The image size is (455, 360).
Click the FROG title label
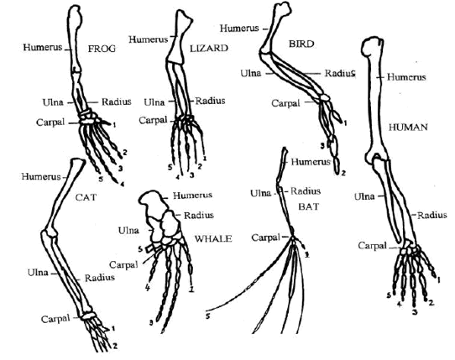click(x=102, y=49)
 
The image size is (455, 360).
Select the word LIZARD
click(x=209, y=48)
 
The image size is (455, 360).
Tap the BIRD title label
click(x=301, y=44)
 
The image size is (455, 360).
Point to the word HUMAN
click(x=408, y=127)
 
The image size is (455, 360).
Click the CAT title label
click(x=86, y=197)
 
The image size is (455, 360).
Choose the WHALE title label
click(x=213, y=239)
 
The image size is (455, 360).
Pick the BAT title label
click(x=309, y=206)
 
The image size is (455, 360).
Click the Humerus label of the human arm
click(x=406, y=77)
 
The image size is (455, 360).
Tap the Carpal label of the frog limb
click(x=50, y=123)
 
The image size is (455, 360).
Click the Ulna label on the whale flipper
click(x=128, y=231)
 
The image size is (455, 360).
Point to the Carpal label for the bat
click(x=265, y=237)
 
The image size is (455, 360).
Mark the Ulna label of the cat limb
click(x=38, y=273)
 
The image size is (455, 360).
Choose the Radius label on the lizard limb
click(x=210, y=101)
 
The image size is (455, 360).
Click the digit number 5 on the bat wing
click(x=207, y=316)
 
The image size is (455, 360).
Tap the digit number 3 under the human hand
click(x=415, y=312)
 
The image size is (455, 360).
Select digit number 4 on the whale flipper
click(x=148, y=288)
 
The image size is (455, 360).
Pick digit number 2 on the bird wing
click(x=343, y=174)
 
